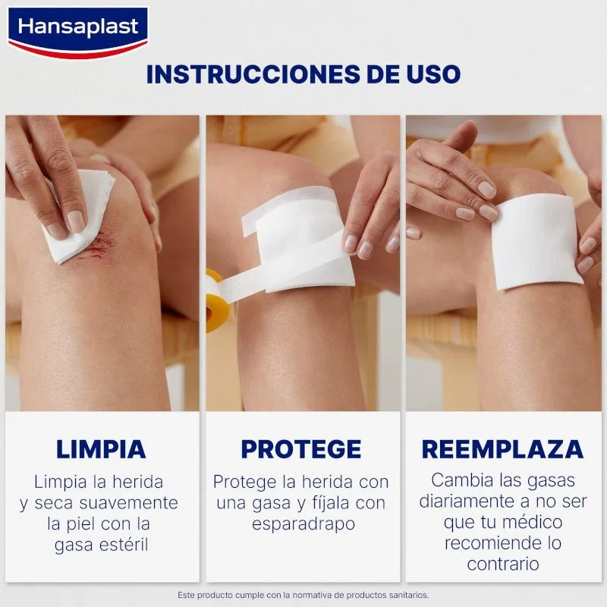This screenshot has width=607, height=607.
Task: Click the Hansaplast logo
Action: point(78,33)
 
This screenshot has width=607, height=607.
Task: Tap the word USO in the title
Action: point(433,74)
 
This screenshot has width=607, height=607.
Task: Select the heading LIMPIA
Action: point(101,449)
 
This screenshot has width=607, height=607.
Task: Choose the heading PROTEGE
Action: point(301,449)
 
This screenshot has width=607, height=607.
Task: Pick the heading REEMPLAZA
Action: point(502,449)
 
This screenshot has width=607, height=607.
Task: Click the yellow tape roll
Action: point(214,300)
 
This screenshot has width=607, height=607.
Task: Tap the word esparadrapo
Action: point(303,524)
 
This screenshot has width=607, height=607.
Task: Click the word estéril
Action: point(124,544)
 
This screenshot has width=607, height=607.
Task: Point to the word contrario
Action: point(503,564)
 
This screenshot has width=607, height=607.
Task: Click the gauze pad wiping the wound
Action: point(80,217)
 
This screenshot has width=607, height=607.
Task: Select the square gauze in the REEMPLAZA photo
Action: point(536,242)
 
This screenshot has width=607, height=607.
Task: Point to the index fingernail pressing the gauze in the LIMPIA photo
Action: point(76,222)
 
